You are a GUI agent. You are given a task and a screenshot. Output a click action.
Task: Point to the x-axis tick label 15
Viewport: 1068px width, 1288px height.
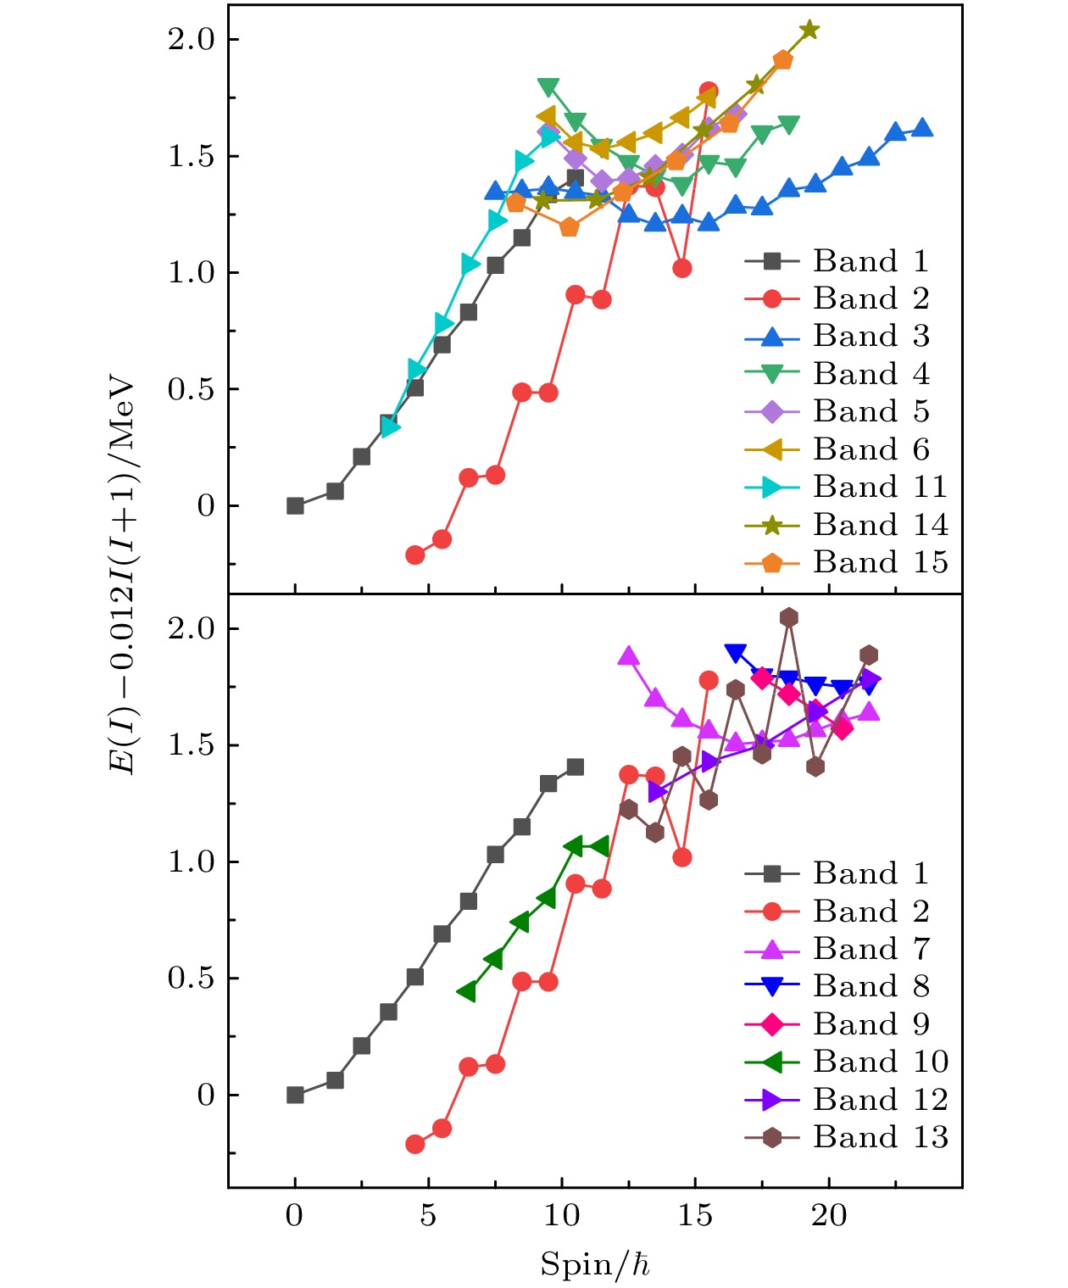pyautogui.click(x=695, y=1216)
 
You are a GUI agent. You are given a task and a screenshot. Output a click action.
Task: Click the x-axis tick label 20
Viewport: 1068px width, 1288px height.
pyautogui.click(x=829, y=1216)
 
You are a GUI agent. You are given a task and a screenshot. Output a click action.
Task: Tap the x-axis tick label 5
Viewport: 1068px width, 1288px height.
pyautogui.click(x=428, y=1216)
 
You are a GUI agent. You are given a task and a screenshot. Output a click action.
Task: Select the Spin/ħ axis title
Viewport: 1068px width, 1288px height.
pyautogui.click(x=596, y=1264)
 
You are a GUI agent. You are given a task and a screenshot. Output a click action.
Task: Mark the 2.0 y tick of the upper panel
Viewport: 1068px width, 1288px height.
pyautogui.click(x=192, y=40)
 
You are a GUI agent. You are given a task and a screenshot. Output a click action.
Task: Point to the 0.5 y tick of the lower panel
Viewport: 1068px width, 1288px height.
pyautogui.click(x=192, y=979)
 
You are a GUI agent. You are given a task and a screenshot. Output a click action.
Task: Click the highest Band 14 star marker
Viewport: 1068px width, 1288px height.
pyautogui.click(x=809, y=31)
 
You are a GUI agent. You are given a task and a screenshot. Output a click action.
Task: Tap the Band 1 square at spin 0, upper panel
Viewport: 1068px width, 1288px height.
pyautogui.click(x=295, y=506)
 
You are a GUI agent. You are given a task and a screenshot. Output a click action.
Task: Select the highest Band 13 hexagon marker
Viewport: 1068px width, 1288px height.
pyautogui.click(x=789, y=617)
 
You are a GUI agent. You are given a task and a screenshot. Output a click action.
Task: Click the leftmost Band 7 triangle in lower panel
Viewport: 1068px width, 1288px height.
pyautogui.click(x=628, y=656)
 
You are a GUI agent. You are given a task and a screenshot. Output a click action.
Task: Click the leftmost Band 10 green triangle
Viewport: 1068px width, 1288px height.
pyautogui.click(x=466, y=991)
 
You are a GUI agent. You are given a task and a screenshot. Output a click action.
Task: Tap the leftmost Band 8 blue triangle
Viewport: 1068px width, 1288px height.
pyautogui.click(x=735, y=653)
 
